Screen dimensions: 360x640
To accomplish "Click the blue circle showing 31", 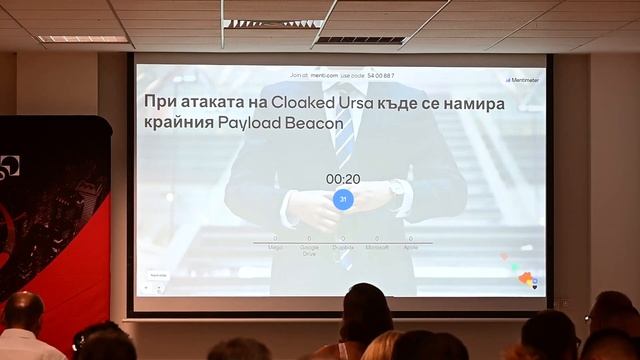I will [343, 199].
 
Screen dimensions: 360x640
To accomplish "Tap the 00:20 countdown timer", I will [343, 179].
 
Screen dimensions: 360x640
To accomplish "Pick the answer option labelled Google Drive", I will [309, 250].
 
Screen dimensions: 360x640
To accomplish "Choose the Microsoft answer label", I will [376, 246].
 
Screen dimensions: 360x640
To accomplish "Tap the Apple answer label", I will [410, 246].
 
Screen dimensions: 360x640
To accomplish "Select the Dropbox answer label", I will [343, 246].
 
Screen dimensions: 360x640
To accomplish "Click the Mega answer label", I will [275, 246].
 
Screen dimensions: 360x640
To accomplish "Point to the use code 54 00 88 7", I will [379, 75].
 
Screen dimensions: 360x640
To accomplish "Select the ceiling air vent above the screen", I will [359, 40].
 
